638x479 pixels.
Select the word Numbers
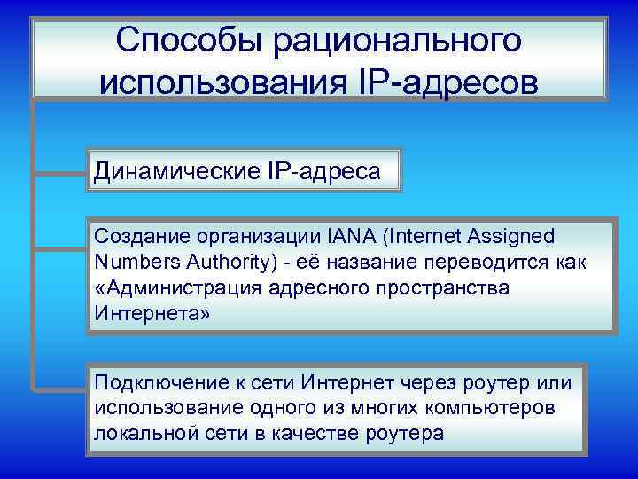pyautogui.click(x=135, y=263)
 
